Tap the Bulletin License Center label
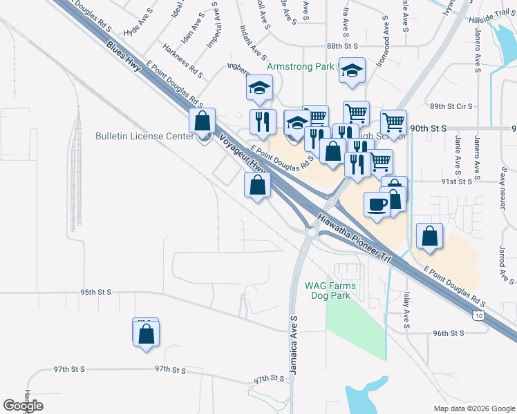(x=144, y=136)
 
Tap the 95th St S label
(x=95, y=292)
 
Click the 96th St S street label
(x=448, y=333)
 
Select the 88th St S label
(x=344, y=46)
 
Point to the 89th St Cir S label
(x=451, y=106)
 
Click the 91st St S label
(x=457, y=181)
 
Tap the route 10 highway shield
(x=479, y=315)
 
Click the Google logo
(x=23, y=406)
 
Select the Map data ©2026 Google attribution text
(x=473, y=408)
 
